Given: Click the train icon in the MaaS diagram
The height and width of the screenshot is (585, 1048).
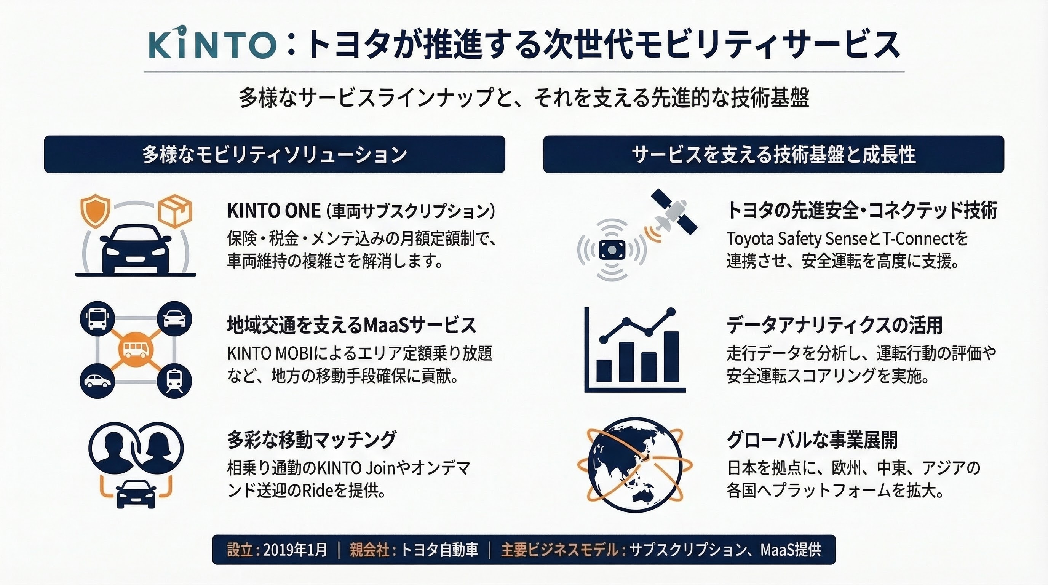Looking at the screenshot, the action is click(174, 381).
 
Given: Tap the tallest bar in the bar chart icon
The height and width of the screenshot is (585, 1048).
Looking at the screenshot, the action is click(671, 357).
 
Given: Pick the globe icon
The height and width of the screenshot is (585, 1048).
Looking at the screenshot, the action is click(635, 465).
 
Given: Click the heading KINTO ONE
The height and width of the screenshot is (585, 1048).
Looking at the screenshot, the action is click(274, 211).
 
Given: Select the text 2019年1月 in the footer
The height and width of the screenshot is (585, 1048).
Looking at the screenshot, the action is click(296, 550).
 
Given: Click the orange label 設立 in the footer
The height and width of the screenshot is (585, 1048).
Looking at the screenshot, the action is click(240, 550).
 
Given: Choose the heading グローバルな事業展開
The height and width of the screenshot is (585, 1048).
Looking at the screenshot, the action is click(812, 440).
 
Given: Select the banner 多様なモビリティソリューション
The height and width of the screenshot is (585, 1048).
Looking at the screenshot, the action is click(275, 154).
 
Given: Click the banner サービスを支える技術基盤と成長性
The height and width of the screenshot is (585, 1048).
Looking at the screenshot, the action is click(774, 154).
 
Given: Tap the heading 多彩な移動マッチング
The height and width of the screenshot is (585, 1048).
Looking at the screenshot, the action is click(312, 440).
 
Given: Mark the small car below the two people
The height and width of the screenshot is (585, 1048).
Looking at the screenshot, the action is click(136, 494).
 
